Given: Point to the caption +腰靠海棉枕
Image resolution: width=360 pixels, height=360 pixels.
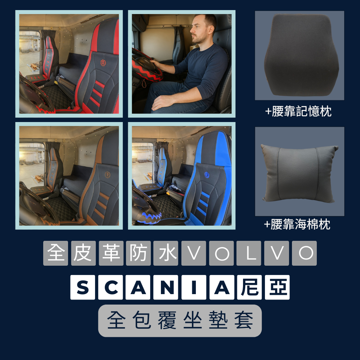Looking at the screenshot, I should (x=297, y=225).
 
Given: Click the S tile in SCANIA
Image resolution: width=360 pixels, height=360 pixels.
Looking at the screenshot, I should (x=82, y=287).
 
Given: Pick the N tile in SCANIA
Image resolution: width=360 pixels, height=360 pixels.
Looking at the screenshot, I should (x=166, y=287).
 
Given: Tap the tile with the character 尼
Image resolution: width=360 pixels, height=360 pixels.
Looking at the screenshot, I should (x=249, y=287).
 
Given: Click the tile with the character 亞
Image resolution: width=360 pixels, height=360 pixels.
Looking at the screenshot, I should (x=277, y=287).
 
